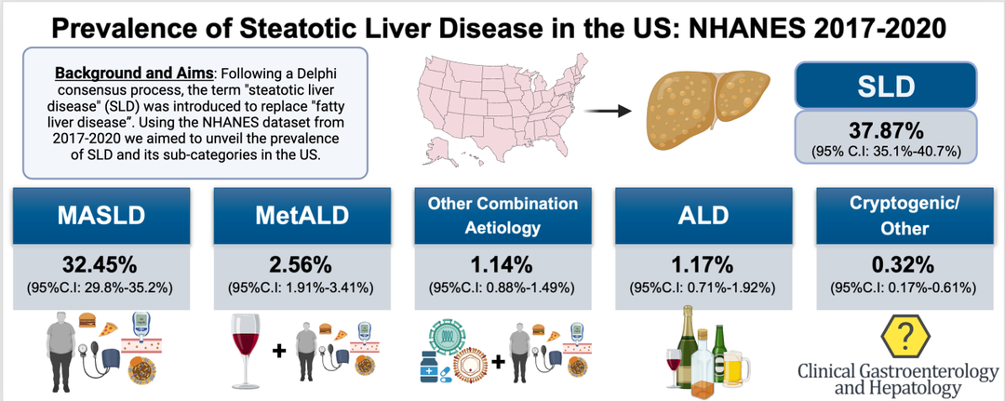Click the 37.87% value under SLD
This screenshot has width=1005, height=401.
click(x=887, y=133)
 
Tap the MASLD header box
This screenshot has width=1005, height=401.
click(x=101, y=215)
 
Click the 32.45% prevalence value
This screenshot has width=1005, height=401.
click(x=100, y=263)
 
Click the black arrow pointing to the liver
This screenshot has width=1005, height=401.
click(x=609, y=112)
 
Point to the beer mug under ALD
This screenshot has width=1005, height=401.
click(x=736, y=365)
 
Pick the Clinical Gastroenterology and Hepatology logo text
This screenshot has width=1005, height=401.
click(x=897, y=380)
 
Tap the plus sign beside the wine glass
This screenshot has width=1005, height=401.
click(x=277, y=351)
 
